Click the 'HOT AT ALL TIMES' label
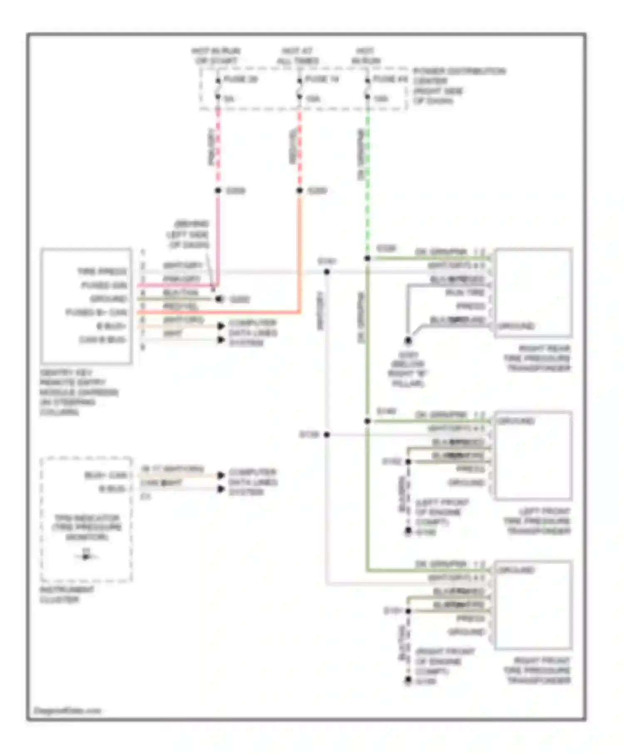[x=298, y=56]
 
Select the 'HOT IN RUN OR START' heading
[x=215, y=56]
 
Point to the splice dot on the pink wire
[x=218, y=190]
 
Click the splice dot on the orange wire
[x=300, y=190]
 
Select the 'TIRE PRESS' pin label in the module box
[x=102, y=271]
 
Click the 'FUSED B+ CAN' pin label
[x=96, y=312]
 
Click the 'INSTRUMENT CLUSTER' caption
[x=67, y=594]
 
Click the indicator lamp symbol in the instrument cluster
[x=86, y=557]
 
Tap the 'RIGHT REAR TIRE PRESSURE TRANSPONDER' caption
[x=537, y=358]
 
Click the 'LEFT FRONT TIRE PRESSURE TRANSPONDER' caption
[x=537, y=521]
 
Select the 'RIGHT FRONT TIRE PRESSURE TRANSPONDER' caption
[x=537, y=670]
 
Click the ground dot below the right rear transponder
[x=408, y=341]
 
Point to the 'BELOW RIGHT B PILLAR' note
[x=408, y=369]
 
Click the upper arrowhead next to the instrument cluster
[x=221, y=475]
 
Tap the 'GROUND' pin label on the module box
[x=108, y=299]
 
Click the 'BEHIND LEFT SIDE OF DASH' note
[x=190, y=234]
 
